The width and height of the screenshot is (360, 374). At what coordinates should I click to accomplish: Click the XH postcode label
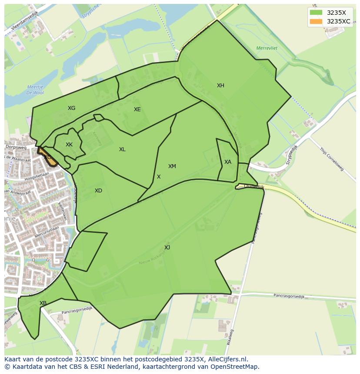[220, 86]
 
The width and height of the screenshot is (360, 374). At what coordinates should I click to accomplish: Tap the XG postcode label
[71, 108]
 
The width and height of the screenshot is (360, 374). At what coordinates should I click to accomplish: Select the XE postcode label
[137, 109]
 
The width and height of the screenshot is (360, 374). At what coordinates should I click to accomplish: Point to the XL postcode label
[122, 149]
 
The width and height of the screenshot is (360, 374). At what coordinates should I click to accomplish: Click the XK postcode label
[69, 145]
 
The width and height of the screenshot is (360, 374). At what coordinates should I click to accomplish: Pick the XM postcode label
[172, 166]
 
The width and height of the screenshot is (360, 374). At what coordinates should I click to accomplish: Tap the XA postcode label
[228, 162]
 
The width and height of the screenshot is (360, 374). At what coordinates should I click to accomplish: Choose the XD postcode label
[98, 191]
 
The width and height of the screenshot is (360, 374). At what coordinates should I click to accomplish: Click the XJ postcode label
[167, 248]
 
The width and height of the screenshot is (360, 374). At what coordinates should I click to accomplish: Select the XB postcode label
[43, 303]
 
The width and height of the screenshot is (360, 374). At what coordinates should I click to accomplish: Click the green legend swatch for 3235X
[316, 13]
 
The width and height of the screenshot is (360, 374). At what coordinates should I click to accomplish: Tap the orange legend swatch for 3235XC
[316, 21]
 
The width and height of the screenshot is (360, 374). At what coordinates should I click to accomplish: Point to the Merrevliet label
[267, 48]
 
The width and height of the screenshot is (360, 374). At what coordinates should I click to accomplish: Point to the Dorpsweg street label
[16, 148]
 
